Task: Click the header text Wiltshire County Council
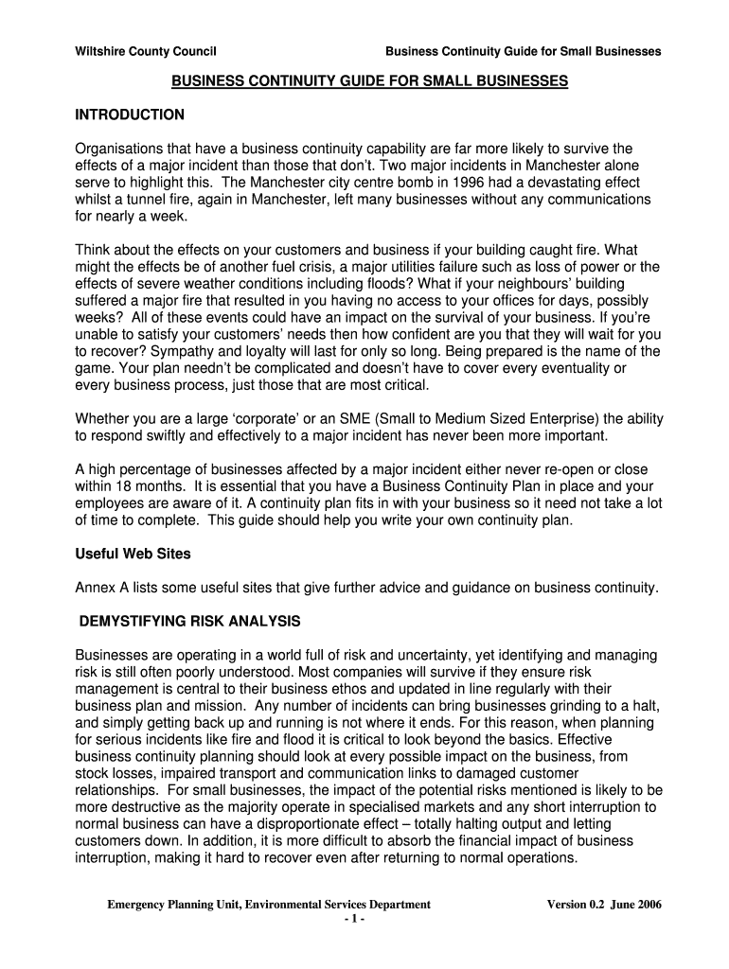(137, 51)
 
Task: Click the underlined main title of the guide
(369, 82)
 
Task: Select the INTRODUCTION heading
(130, 115)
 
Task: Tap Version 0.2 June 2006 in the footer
(604, 905)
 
